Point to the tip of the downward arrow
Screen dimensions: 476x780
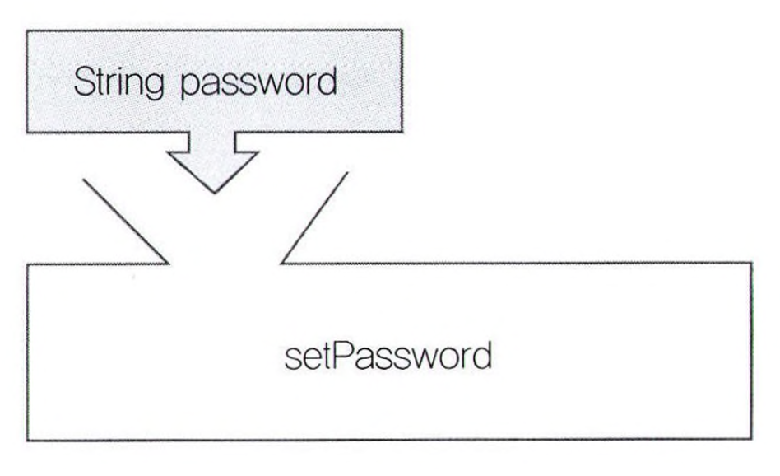click(x=214, y=193)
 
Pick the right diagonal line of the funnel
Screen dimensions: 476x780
click(x=313, y=217)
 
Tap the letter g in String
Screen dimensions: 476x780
click(x=159, y=86)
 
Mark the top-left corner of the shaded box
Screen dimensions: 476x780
click(x=27, y=31)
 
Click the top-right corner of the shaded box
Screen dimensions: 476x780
click(x=401, y=31)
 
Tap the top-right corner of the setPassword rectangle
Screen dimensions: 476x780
click(x=750, y=263)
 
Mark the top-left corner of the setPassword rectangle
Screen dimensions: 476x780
click(x=29, y=264)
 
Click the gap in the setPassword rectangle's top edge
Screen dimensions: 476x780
click(x=225, y=264)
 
